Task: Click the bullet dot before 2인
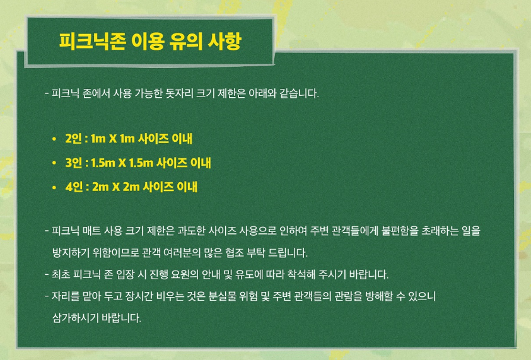55,138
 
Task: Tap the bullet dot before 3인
55,163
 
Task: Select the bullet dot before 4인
55,187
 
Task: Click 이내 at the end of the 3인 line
199,163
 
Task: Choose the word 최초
62,275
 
